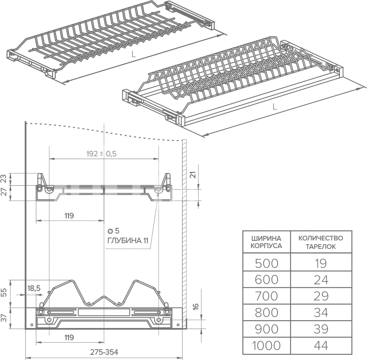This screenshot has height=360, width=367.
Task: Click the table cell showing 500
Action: tap(266, 263)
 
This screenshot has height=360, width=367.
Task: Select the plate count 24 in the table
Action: tap(321, 279)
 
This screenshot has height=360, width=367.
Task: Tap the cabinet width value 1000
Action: tap(266, 345)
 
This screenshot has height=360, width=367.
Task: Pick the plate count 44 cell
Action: tap(321, 345)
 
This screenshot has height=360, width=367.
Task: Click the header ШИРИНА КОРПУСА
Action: tap(266, 242)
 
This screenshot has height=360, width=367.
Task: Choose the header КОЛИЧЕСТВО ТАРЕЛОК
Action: tap(321, 242)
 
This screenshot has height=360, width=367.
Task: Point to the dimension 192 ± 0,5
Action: tap(102, 154)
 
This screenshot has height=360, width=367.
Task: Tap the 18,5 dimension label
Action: tap(34, 288)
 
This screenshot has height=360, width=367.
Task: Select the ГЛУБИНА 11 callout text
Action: tap(128, 240)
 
